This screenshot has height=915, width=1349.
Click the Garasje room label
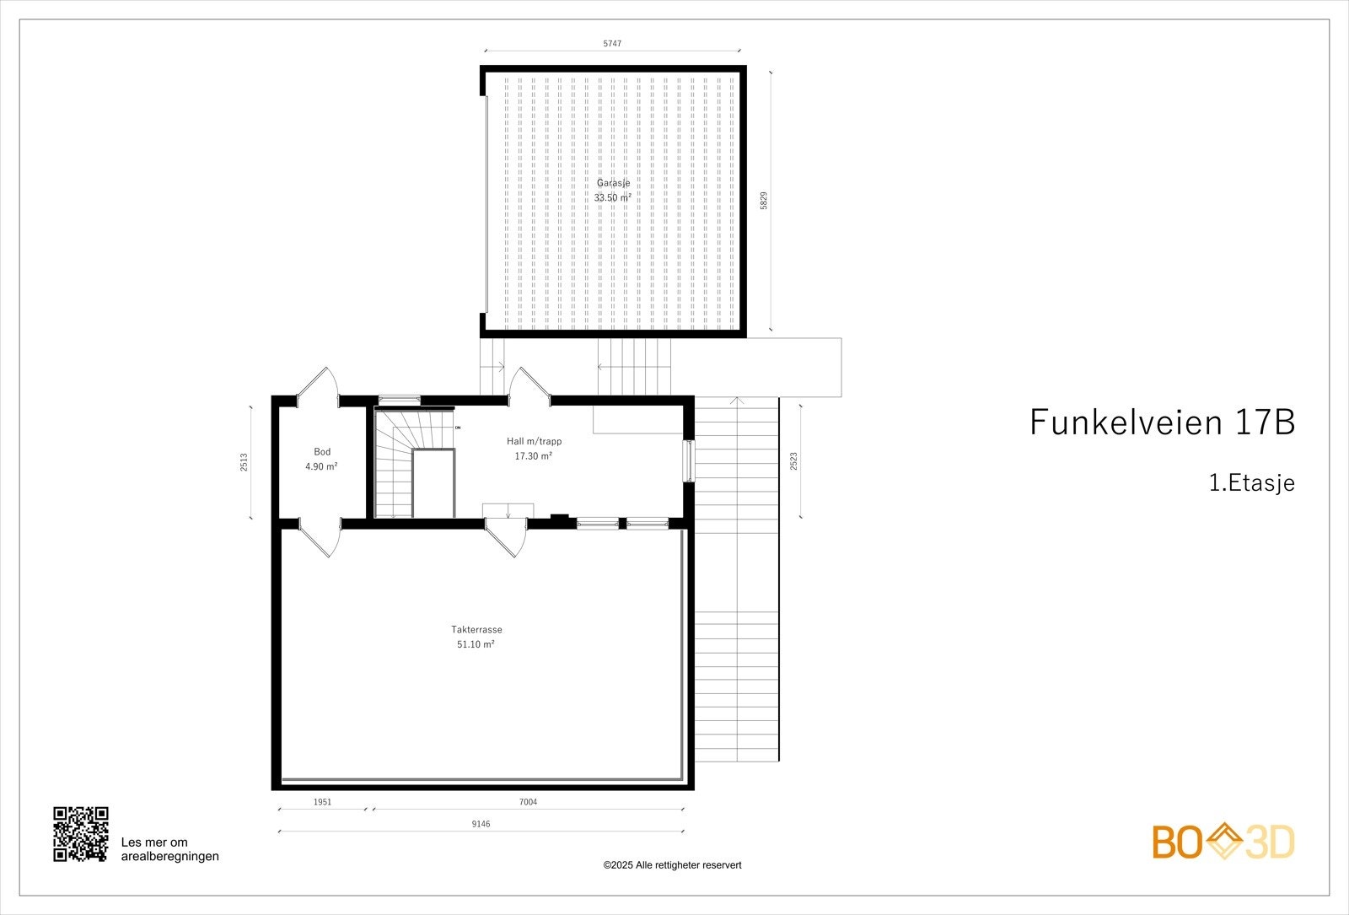click(x=613, y=183)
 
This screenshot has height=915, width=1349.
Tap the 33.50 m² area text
click(x=613, y=198)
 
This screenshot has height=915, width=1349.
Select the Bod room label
click(x=322, y=452)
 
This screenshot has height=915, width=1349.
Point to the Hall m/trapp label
click(x=534, y=441)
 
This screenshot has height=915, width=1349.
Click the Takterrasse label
click(x=476, y=629)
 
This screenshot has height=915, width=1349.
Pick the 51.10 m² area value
click(x=476, y=644)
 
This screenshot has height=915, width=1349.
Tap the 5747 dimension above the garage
click(x=612, y=43)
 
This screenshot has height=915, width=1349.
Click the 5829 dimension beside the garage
click(x=764, y=201)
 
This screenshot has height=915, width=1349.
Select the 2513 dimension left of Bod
click(x=244, y=462)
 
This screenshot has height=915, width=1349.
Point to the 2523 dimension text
click(x=793, y=461)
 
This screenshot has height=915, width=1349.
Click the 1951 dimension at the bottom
click(x=322, y=802)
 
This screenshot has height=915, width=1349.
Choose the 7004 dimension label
click(x=528, y=802)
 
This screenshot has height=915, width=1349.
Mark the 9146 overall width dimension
click(x=481, y=824)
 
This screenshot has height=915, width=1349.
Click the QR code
click(x=81, y=834)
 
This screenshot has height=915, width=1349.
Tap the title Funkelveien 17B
click(x=1162, y=422)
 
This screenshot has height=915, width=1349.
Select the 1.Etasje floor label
click(x=1251, y=483)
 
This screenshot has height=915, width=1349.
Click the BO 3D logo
click(x=1223, y=842)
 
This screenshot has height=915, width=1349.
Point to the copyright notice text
click(x=672, y=865)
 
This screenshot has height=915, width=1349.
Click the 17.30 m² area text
click(x=534, y=456)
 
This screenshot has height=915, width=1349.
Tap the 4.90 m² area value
click(x=321, y=466)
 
